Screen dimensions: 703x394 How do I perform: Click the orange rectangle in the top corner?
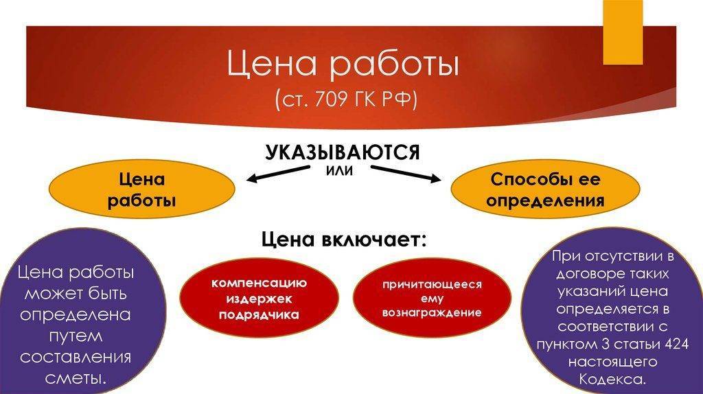623,32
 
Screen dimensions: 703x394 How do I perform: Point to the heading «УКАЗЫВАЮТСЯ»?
343,152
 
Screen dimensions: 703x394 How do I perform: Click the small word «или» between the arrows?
339,171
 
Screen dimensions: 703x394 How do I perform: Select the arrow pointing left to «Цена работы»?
279,174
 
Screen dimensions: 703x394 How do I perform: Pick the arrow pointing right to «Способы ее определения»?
406,174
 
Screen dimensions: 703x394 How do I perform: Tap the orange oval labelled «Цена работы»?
141,189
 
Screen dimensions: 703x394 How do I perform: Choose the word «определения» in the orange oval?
545,200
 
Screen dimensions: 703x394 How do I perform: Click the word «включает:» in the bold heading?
374,240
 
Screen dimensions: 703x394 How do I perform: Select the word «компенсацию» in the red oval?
259,283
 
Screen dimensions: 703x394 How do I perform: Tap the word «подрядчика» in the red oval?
259,314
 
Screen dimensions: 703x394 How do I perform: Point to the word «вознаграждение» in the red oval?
432,312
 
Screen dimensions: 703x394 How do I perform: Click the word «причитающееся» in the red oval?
432,284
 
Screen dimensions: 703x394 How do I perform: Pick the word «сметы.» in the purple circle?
76,378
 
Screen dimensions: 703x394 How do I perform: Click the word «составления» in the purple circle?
76,357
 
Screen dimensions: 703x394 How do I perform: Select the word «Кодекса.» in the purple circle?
612,379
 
